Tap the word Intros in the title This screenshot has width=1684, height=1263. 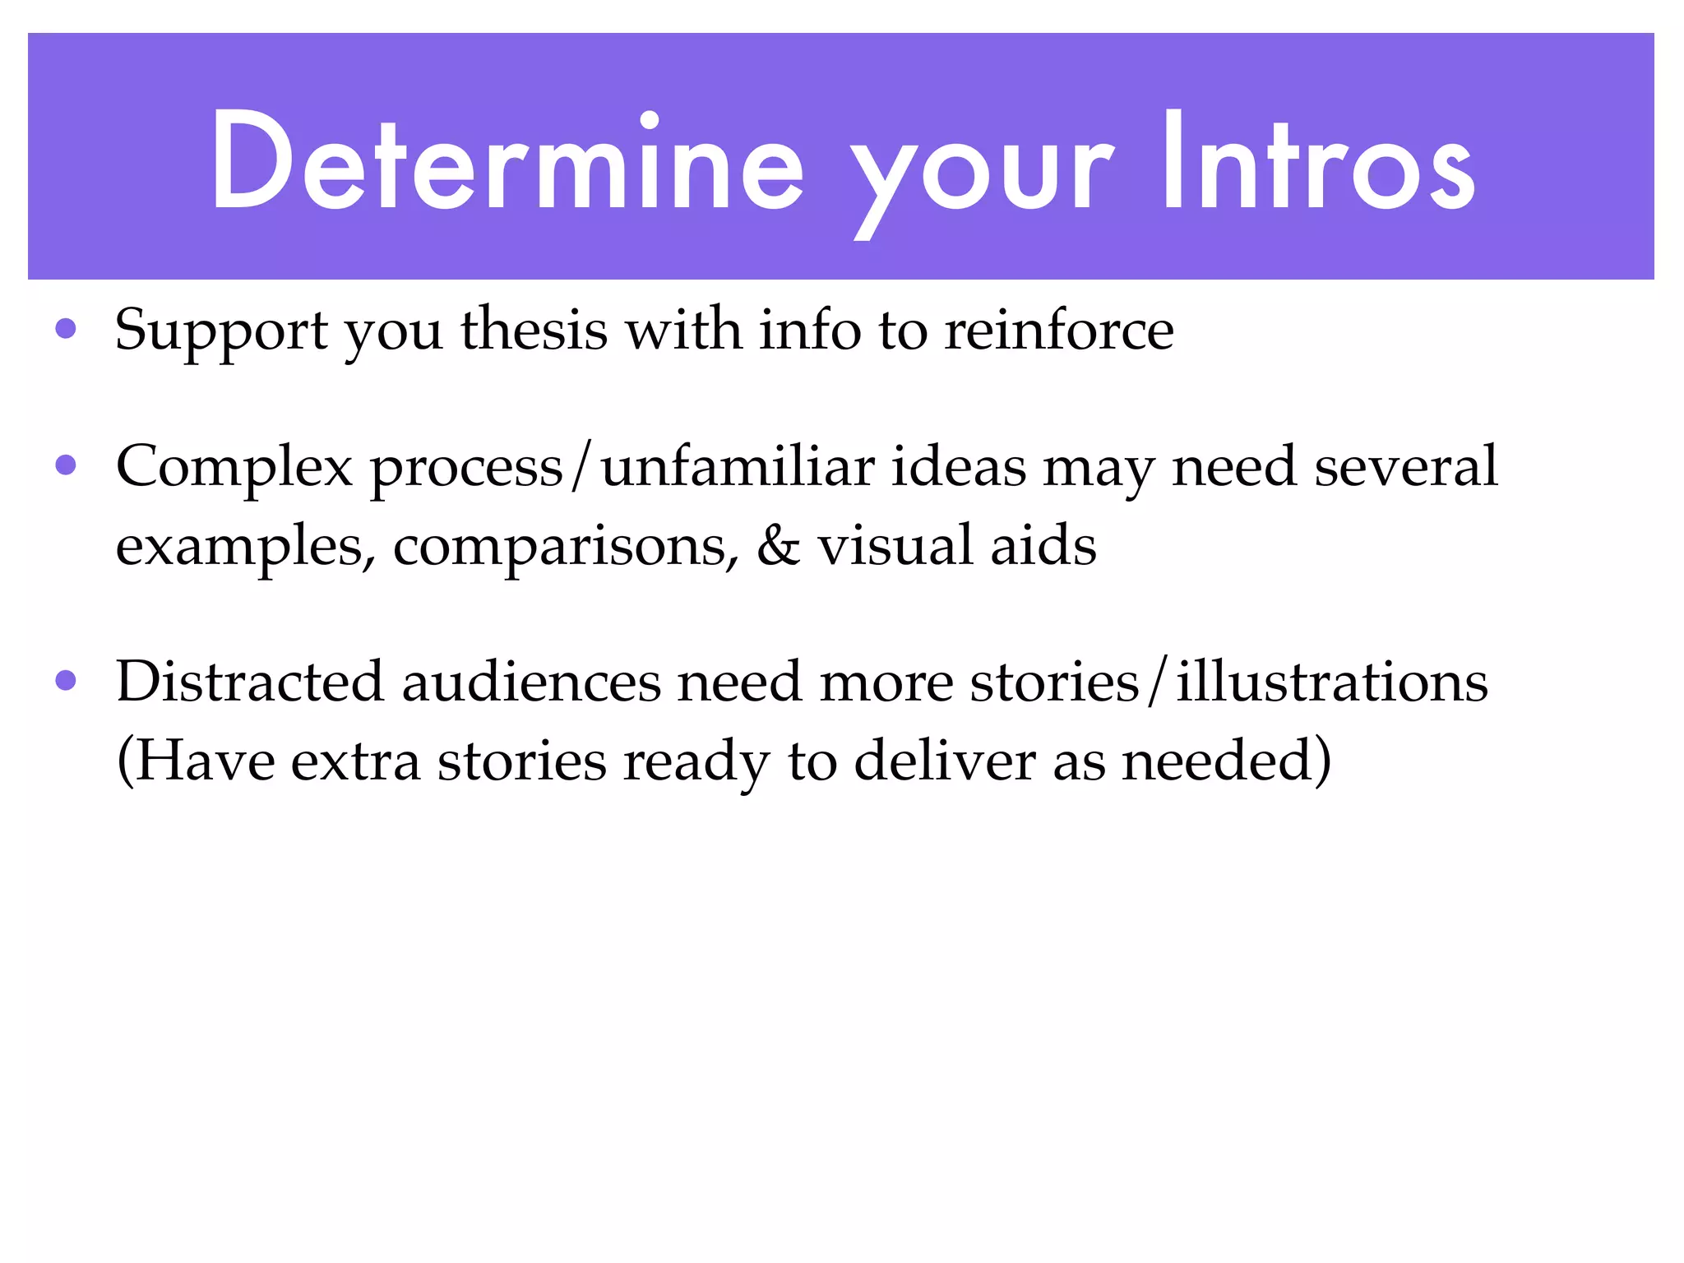[x=1319, y=163]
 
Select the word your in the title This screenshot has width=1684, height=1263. [x=982, y=173]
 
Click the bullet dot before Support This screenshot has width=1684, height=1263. [x=66, y=330]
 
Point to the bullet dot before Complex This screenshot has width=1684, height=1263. [x=66, y=466]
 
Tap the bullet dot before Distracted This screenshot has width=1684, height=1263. [x=66, y=681]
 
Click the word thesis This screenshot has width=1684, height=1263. [x=534, y=330]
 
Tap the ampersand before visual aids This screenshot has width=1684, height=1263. [x=778, y=546]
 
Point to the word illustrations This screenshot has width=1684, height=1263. [x=1332, y=682]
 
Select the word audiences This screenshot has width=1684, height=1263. [x=531, y=682]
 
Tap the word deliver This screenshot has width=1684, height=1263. [x=945, y=761]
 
